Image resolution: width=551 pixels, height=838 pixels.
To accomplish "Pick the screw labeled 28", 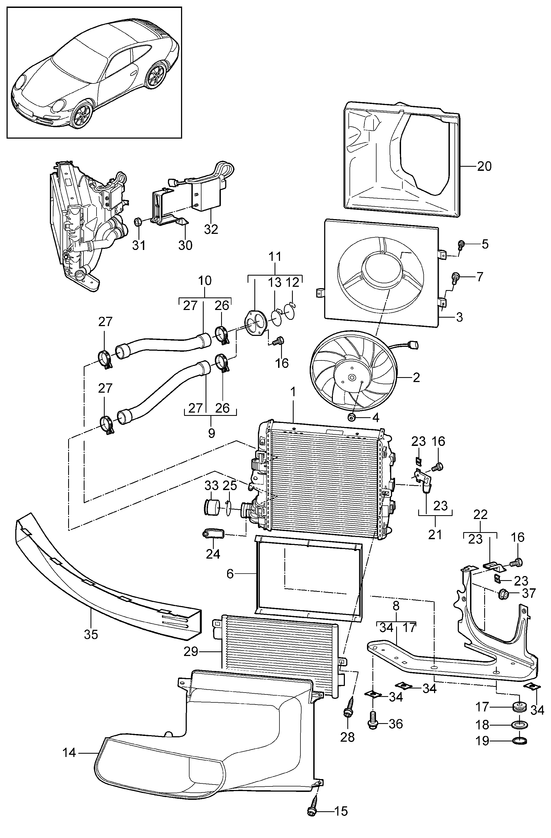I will tap(347, 711).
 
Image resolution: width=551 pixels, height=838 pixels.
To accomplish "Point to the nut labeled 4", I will tap(351, 417).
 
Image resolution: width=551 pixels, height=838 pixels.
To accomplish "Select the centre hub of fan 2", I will tap(351, 377).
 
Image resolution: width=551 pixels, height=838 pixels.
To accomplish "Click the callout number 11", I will tap(275, 256).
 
